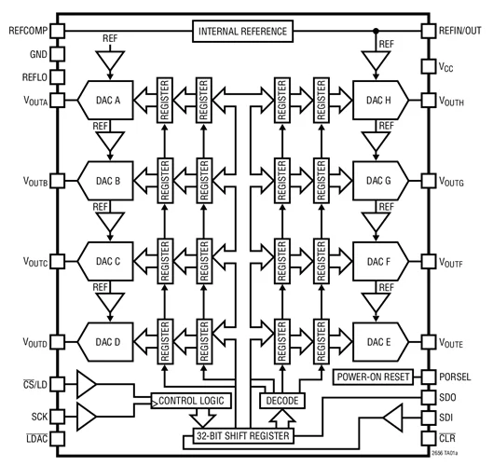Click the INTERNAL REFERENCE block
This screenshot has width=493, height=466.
click(243, 33)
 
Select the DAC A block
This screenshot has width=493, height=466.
click(109, 99)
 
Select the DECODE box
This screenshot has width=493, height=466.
click(281, 401)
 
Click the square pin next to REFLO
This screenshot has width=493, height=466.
click(58, 76)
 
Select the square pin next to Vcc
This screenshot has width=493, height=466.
click(430, 67)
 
